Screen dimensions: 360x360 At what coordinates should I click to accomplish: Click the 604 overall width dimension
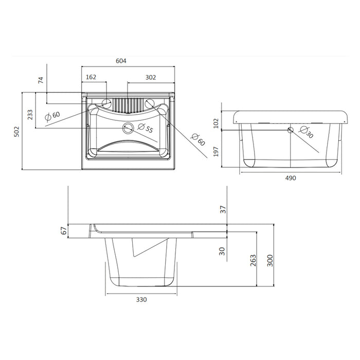(x=121, y=61)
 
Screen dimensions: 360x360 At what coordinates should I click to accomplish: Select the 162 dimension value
(x=91, y=77)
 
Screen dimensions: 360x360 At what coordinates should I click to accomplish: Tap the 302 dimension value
(x=150, y=77)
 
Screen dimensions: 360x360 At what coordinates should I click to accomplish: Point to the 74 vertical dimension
(x=41, y=80)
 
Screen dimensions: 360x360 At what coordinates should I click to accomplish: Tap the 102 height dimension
(x=217, y=122)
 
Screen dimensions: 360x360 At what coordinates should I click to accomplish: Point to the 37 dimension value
(x=223, y=209)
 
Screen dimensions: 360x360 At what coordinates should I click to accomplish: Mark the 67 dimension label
(x=63, y=231)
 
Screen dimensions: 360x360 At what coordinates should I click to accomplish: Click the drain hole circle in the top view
(x=128, y=127)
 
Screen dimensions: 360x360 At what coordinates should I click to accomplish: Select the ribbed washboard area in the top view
(x=127, y=104)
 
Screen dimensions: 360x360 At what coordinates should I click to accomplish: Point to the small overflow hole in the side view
(x=290, y=130)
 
